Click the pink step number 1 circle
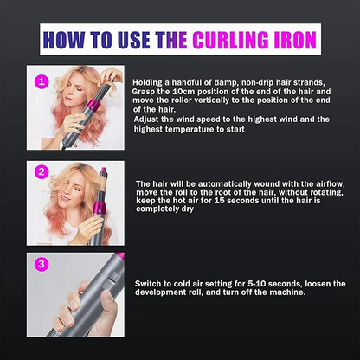[x=39, y=81]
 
